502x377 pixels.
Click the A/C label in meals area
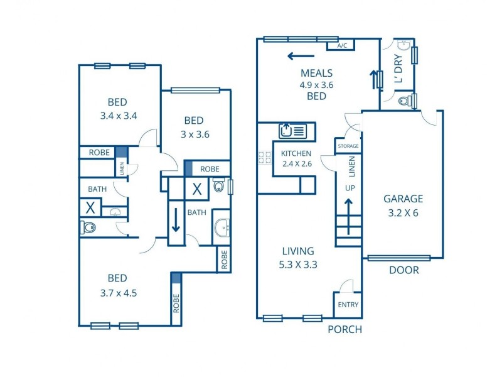(342, 46)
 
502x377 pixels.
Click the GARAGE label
(403, 199)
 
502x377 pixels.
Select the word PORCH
(345, 329)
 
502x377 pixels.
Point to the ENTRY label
(348, 305)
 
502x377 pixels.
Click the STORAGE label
(348, 146)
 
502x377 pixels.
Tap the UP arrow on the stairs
(348, 207)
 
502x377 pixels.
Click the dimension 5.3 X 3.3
(298, 265)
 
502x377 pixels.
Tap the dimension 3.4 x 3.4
(118, 116)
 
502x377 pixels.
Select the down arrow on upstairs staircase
(177, 220)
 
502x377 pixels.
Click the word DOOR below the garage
(403, 270)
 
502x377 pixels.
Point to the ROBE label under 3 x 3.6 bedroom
(210, 169)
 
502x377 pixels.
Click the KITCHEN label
(296, 154)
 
